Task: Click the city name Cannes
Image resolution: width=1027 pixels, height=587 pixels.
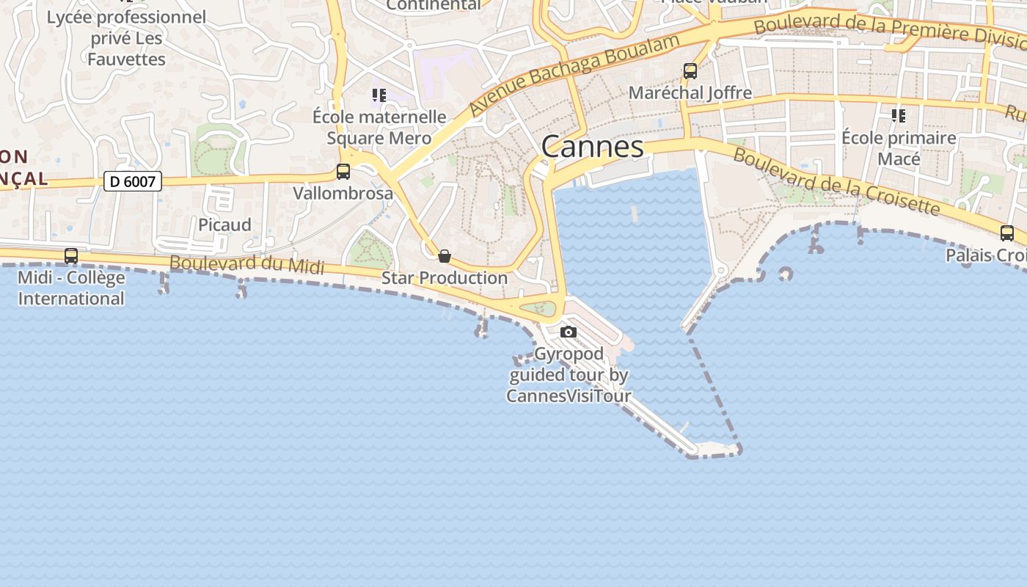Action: tap(592, 147)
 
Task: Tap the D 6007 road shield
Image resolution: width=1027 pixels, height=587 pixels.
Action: tap(132, 181)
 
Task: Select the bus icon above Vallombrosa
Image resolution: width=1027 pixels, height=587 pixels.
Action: tap(343, 172)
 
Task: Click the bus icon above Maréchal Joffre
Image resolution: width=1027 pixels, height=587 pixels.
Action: tap(690, 71)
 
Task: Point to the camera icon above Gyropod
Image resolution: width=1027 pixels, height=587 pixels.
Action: tap(568, 332)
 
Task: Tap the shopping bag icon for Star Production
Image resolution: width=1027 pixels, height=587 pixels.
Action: tap(444, 256)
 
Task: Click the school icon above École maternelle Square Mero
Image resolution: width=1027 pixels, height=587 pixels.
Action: tap(379, 95)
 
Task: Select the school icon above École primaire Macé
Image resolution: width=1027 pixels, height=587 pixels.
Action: tap(898, 116)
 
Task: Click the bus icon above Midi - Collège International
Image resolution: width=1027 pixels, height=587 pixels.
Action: tap(71, 256)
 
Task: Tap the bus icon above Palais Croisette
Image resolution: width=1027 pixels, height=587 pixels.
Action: tap(1006, 233)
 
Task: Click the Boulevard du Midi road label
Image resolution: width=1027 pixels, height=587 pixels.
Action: tap(246, 264)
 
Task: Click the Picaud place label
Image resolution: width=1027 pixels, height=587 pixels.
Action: tap(224, 225)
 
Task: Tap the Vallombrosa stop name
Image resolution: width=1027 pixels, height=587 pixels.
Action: tap(343, 194)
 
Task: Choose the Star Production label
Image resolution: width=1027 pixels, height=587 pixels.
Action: tap(444, 278)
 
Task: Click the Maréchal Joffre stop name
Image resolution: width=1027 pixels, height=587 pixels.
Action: tap(690, 92)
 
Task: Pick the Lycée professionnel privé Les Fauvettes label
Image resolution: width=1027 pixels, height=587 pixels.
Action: tap(126, 38)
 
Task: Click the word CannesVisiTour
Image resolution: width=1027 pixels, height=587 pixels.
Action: tap(569, 396)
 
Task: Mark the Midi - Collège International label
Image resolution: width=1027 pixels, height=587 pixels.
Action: tap(71, 288)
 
